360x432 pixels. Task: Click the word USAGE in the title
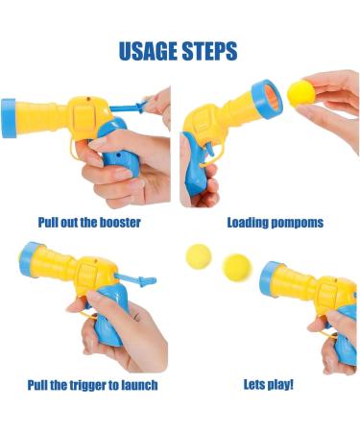pyautogui.click(x=148, y=51)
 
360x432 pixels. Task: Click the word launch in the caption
pyautogui.click(x=135, y=385)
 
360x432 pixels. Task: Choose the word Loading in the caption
pyautogui.click(x=247, y=223)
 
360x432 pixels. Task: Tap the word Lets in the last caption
pyautogui.click(x=253, y=385)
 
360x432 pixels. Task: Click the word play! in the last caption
pyautogui.click(x=279, y=385)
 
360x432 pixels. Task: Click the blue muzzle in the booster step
pyautogui.click(x=9, y=117)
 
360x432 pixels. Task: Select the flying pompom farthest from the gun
pyautogui.click(x=198, y=256)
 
